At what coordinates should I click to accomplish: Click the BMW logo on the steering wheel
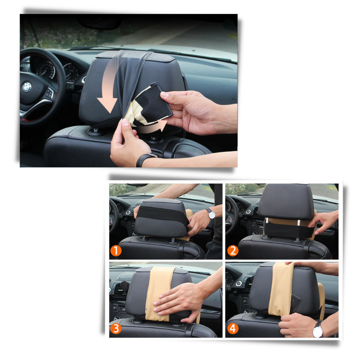coord(27,86)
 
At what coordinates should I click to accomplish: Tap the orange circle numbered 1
coord(116,251)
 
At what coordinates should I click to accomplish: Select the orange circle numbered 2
coord(232,251)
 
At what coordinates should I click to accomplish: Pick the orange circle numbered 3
coord(116,328)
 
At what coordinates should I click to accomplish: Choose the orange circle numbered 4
coord(232,328)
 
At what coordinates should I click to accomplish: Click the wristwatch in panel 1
coord(211,213)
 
